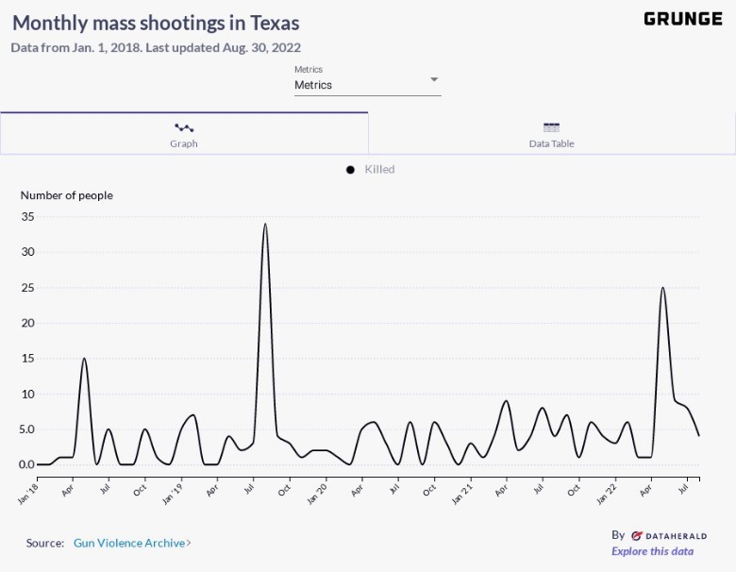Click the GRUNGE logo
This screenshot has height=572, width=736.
point(683,19)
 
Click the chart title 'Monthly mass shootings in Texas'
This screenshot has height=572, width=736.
point(156,23)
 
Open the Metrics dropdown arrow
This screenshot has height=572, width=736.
point(434,79)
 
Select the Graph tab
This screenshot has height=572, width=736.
point(184,134)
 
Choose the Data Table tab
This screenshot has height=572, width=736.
point(552,134)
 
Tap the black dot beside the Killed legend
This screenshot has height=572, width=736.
point(350,170)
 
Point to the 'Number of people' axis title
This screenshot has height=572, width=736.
point(66,195)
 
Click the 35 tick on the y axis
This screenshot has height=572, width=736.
point(27,216)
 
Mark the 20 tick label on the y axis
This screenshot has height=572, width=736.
point(27,323)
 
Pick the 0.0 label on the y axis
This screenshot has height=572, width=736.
point(25,464)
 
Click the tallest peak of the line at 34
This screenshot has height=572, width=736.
point(265,225)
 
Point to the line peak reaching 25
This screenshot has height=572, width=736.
point(662,288)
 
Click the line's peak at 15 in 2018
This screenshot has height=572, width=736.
point(85,359)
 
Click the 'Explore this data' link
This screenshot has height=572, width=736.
point(652,551)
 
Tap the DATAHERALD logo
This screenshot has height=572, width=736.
point(668,535)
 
